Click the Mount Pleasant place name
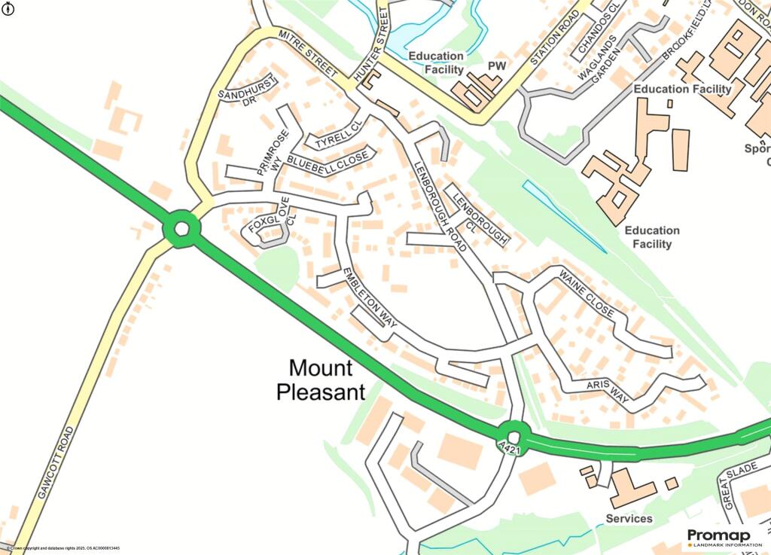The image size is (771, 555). click(x=321, y=380)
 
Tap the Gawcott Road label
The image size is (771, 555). click(x=55, y=462)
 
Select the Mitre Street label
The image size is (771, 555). click(x=306, y=53)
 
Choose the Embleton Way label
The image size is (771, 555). click(x=370, y=298)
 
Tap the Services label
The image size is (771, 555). click(x=629, y=518)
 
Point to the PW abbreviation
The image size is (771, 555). click(x=495, y=66)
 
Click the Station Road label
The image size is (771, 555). click(x=555, y=38)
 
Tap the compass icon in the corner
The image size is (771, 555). click(x=9, y=9)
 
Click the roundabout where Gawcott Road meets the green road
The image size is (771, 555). click(x=181, y=228)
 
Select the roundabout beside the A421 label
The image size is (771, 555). click(x=514, y=435)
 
